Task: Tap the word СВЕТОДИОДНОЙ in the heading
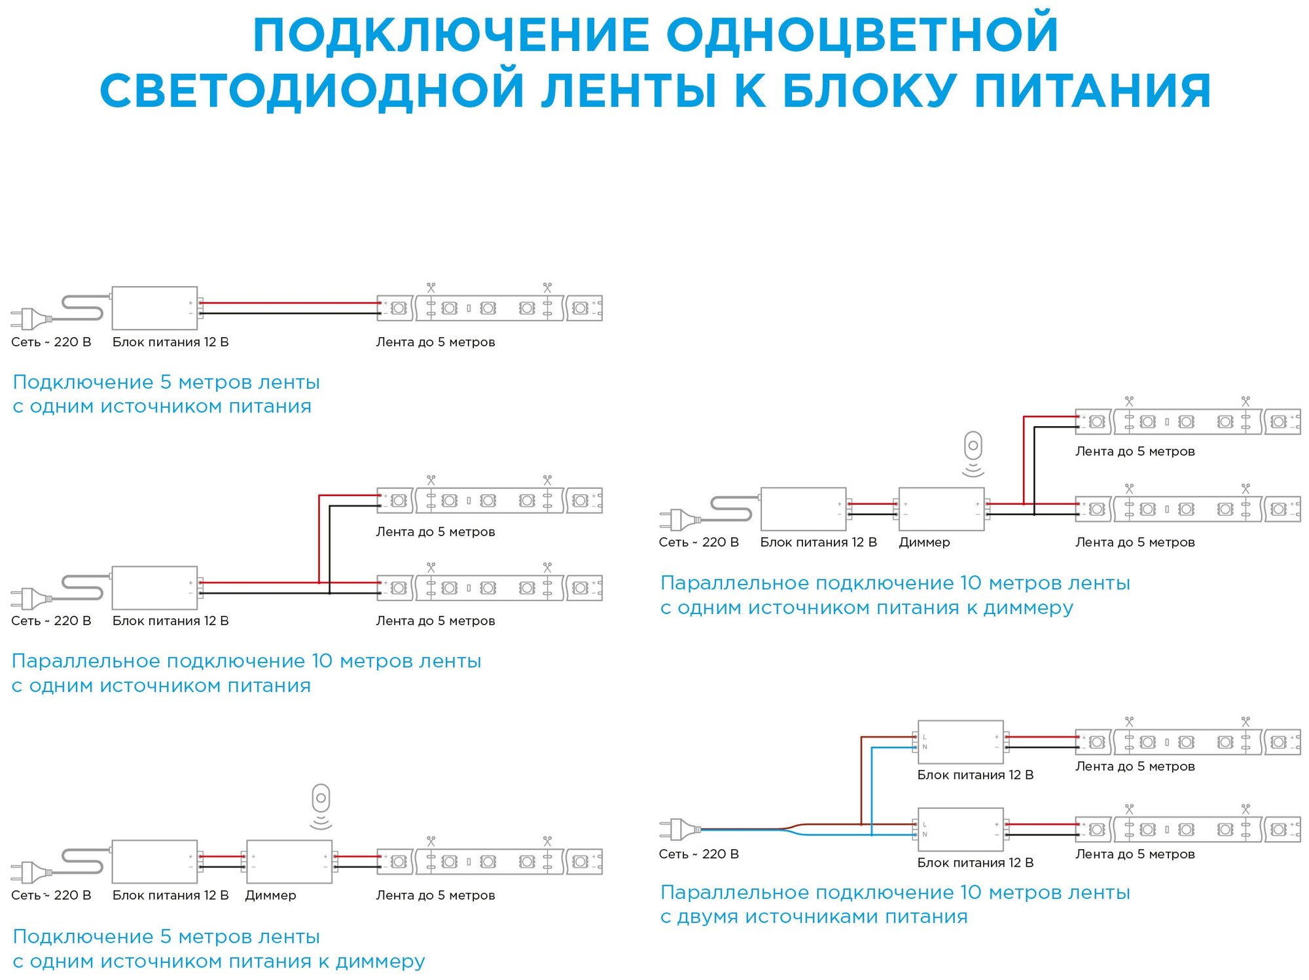tap(312, 90)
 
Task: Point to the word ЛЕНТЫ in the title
tap(628, 90)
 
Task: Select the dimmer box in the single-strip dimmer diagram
tap(289, 862)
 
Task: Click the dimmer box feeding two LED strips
tap(941, 509)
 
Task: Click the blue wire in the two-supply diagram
tap(872, 792)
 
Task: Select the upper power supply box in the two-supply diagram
tap(960, 742)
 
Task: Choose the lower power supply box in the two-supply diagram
tap(960, 829)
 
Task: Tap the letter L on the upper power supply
tap(925, 737)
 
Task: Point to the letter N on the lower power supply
tap(925, 835)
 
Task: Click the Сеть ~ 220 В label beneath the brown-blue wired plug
tap(698, 854)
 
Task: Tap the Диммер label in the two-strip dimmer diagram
tap(924, 542)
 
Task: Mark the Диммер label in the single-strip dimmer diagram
tap(270, 895)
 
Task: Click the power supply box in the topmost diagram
tap(154, 308)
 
